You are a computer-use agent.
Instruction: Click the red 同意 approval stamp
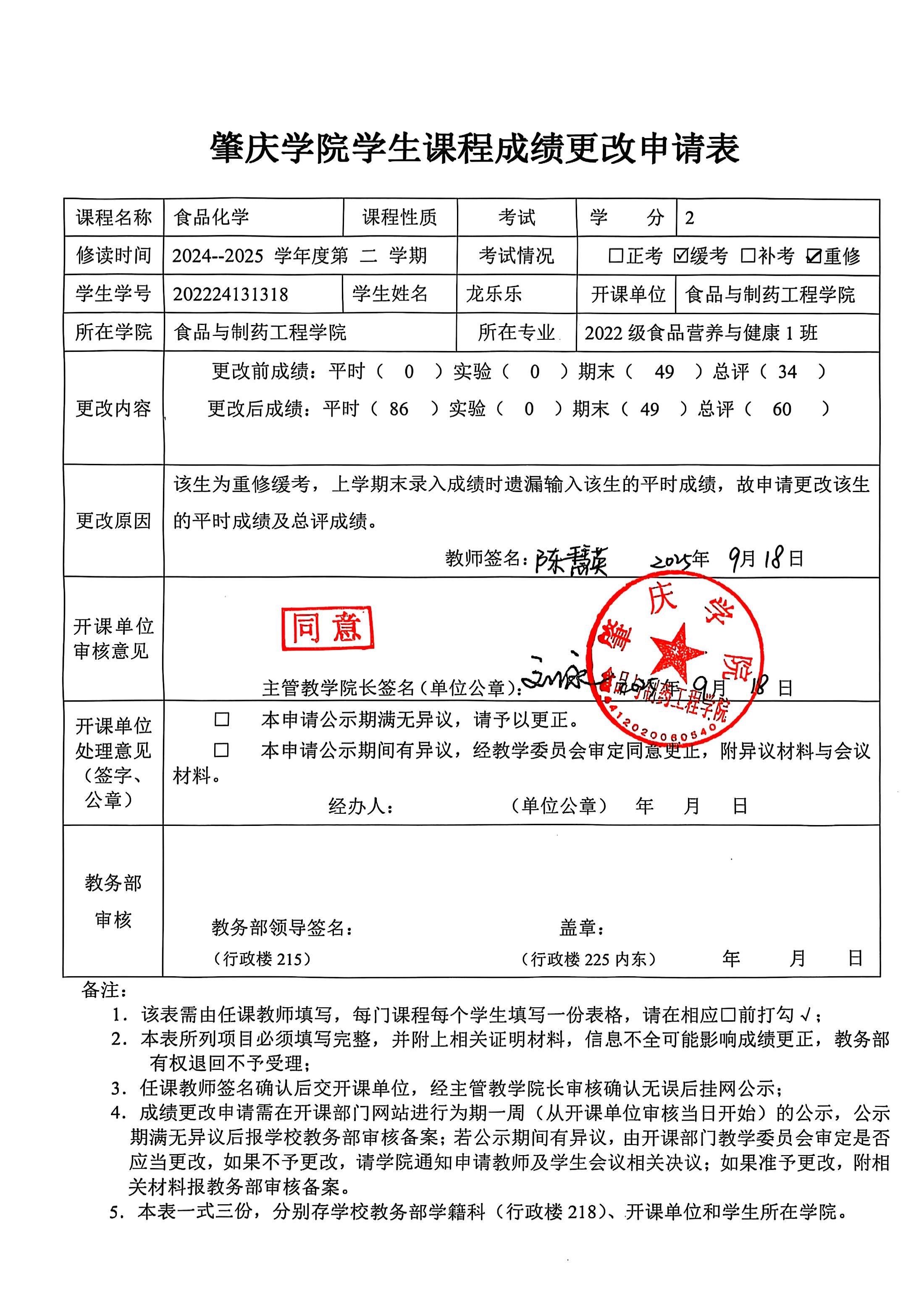(327, 628)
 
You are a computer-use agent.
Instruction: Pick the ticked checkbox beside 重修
(814, 256)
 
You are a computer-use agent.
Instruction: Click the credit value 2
(690, 218)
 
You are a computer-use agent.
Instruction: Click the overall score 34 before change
(787, 372)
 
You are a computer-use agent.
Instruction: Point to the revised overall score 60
(781, 409)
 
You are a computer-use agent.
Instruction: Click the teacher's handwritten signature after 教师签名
(571, 561)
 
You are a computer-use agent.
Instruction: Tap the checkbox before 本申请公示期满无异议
(221, 720)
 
